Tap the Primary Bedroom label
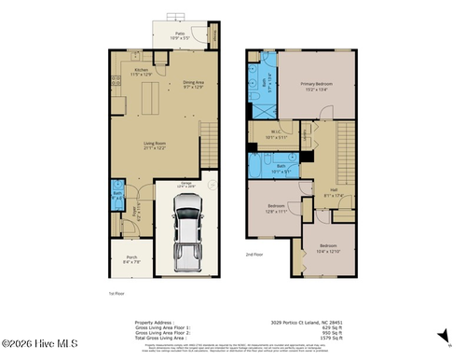(317, 86)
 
